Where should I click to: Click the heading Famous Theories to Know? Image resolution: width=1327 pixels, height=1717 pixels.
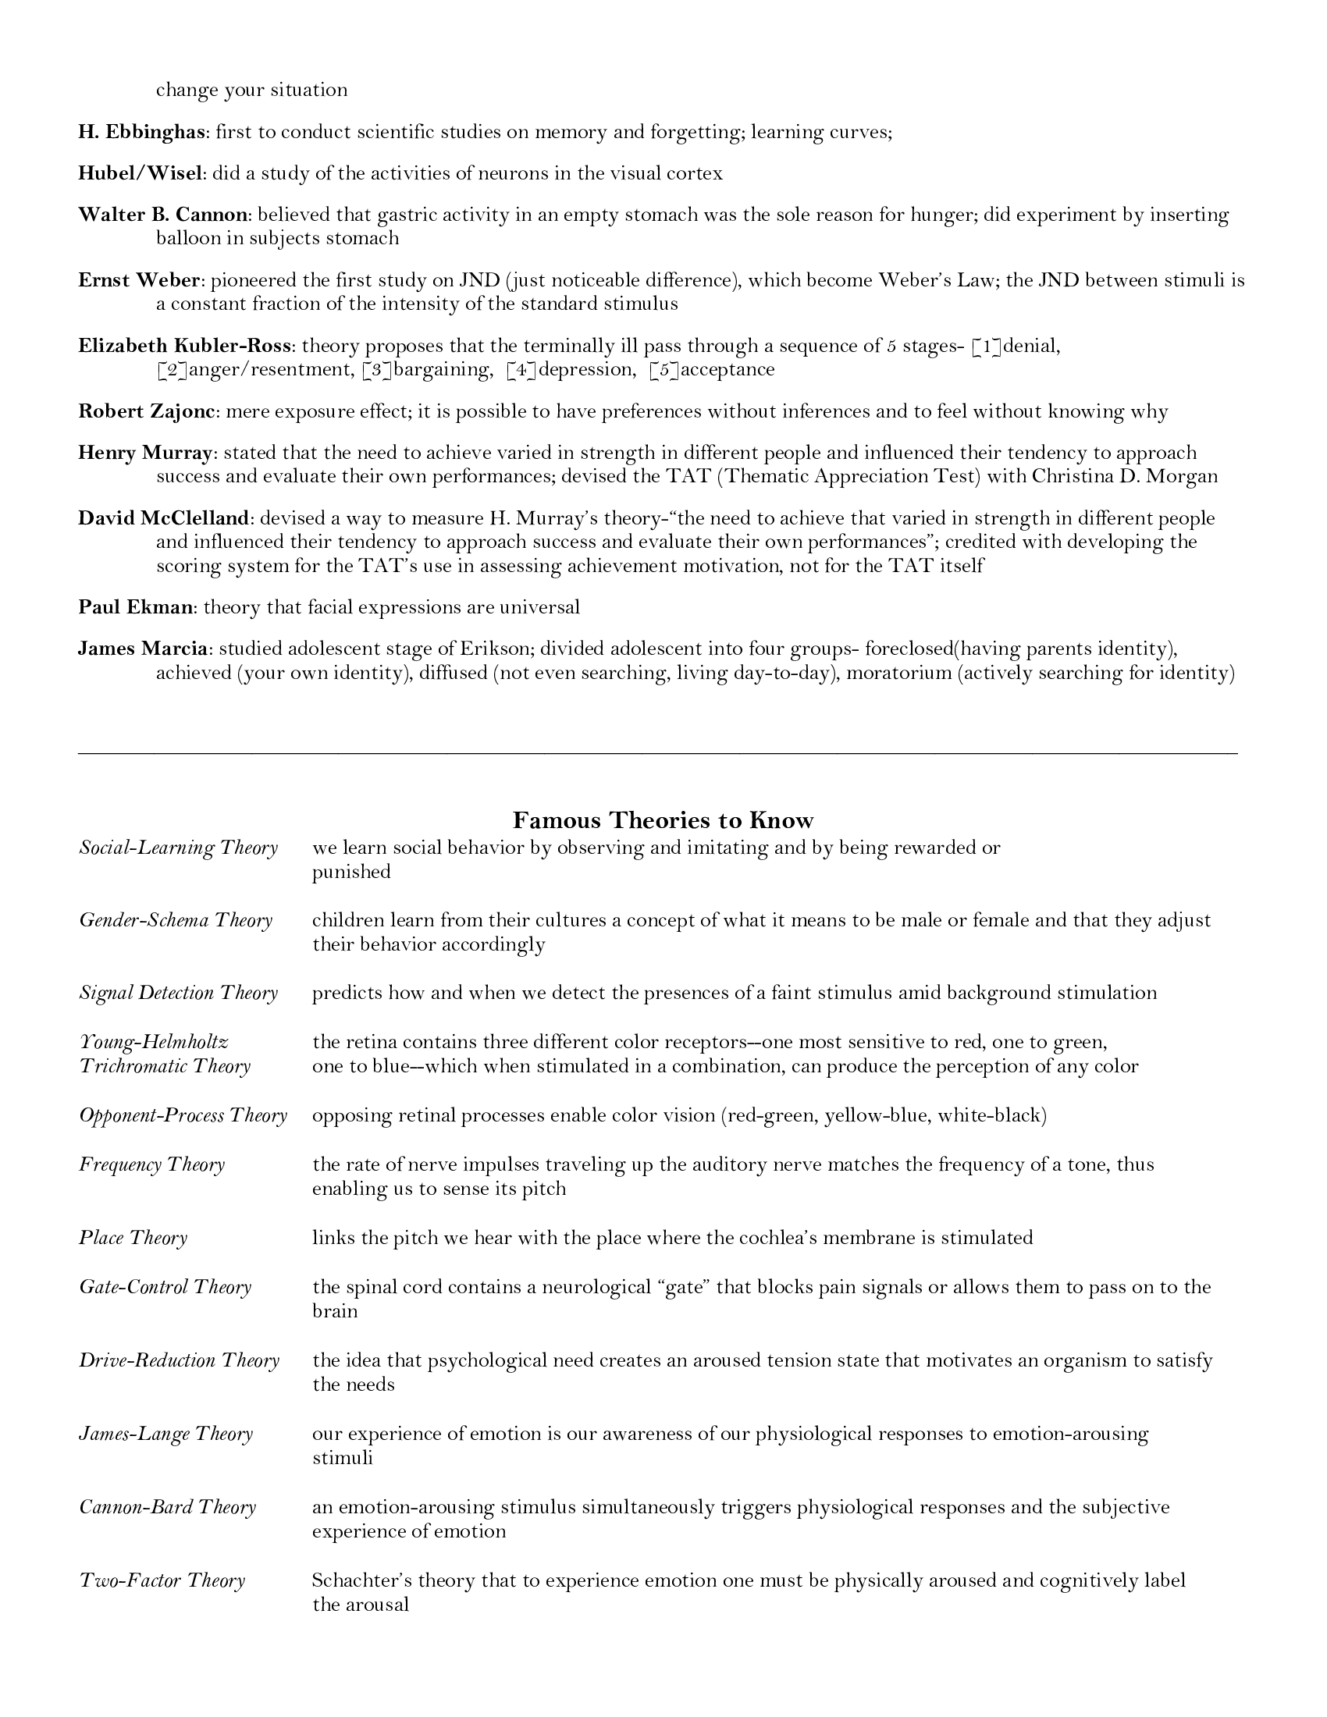coord(663,820)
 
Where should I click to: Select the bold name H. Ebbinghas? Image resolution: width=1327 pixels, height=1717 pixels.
coord(141,132)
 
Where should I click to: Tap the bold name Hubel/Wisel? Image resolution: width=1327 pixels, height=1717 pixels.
coord(141,174)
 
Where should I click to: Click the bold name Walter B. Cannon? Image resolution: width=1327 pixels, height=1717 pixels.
coord(162,215)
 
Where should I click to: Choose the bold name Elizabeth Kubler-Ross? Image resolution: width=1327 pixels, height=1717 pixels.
coord(186,346)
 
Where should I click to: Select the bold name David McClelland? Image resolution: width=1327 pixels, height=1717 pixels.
coord(164,518)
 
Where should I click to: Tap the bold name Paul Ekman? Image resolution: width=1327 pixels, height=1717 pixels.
coord(135,607)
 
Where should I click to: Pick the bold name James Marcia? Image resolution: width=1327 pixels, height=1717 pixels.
coord(143,649)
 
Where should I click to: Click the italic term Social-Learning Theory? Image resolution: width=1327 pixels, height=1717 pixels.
coord(179,848)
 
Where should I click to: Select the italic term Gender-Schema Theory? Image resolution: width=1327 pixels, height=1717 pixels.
coord(176,920)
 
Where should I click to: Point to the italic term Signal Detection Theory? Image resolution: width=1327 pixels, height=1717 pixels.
coord(179,992)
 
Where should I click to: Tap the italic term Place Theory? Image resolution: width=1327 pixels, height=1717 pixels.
coord(133,1238)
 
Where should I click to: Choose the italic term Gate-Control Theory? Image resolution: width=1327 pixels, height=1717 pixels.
coord(165,1286)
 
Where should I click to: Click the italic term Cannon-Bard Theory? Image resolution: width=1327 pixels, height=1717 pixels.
coord(168,1506)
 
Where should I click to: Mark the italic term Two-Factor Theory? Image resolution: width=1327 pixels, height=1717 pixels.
coord(162,1580)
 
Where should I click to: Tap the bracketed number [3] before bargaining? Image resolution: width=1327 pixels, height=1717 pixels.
coord(377,369)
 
